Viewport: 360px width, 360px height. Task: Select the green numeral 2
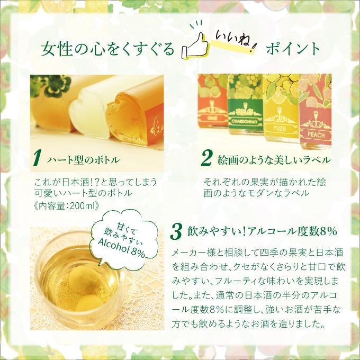tap(208, 157)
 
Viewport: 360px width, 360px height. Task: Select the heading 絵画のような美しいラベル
tap(274, 159)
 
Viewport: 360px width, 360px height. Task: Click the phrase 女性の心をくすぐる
tap(107, 50)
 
